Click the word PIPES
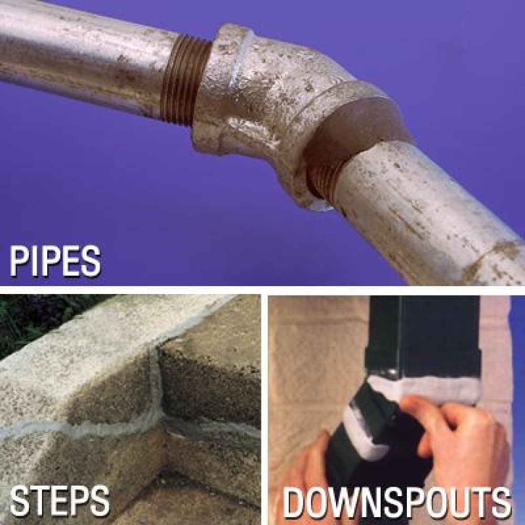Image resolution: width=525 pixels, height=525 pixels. pyautogui.click(x=55, y=261)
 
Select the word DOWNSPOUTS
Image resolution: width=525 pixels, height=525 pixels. pyautogui.click(x=397, y=503)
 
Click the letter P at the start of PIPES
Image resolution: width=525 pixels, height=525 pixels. pyautogui.click(x=18, y=261)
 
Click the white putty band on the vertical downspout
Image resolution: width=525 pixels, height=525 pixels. pyautogui.click(x=425, y=388)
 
